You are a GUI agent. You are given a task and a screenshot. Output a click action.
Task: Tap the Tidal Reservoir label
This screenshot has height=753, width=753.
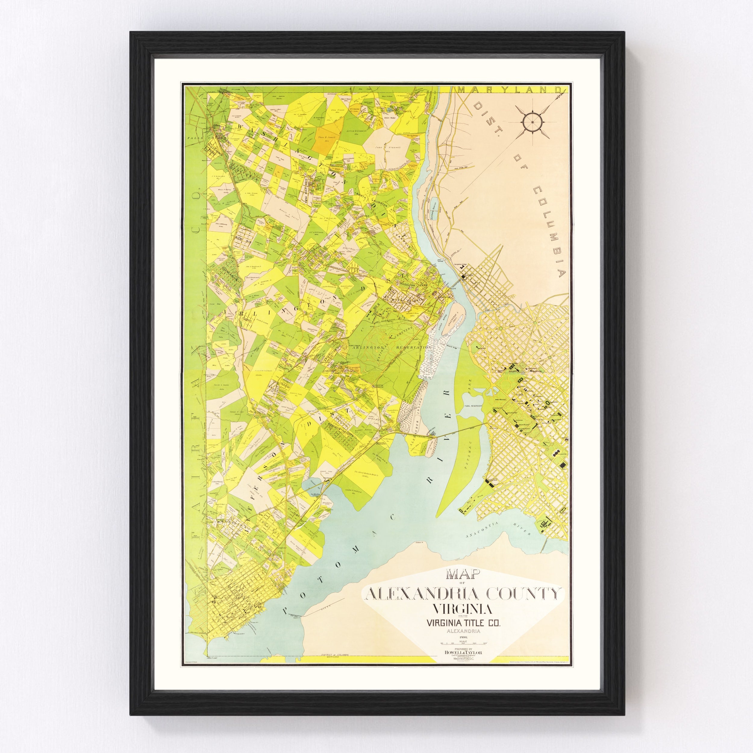coord(473,406)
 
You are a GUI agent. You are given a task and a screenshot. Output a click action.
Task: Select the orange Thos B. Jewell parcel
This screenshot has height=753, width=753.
coord(322,140)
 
